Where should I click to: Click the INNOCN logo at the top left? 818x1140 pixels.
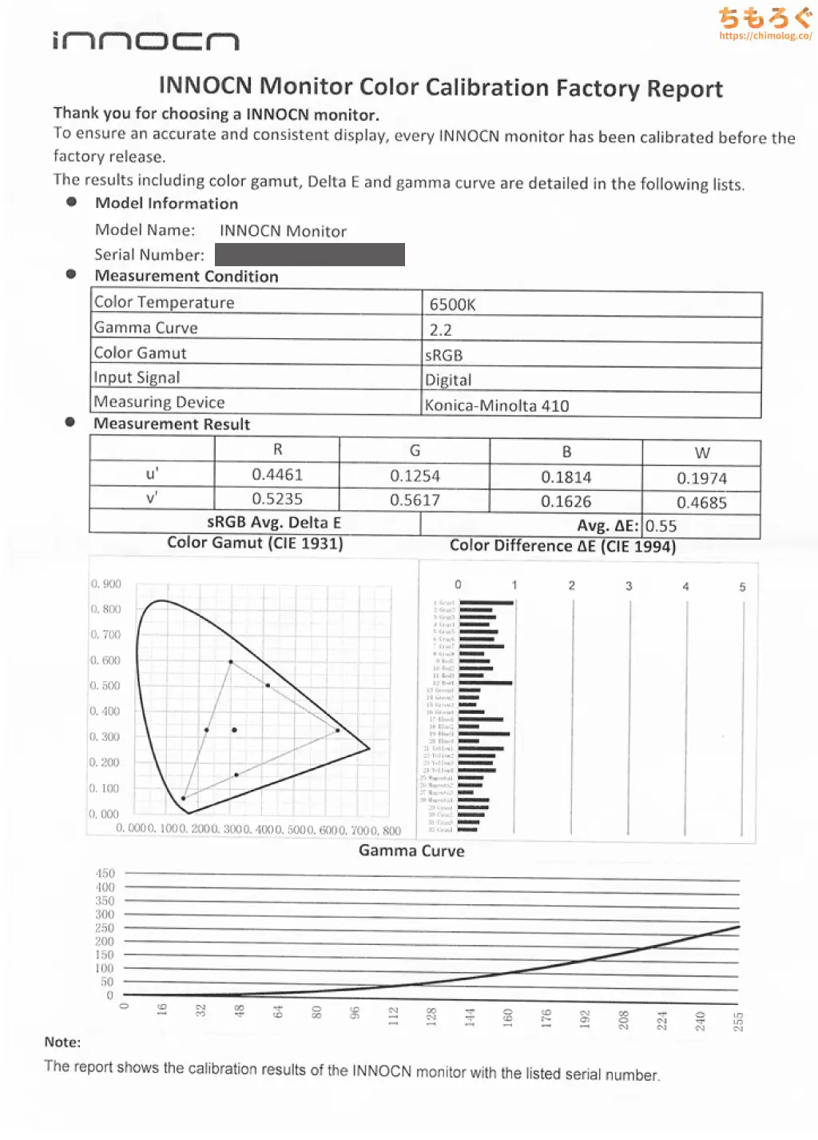tap(145, 41)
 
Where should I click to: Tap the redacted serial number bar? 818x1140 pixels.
tap(310, 254)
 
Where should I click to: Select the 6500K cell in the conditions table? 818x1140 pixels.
tap(452, 305)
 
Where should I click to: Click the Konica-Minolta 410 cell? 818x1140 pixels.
tap(497, 405)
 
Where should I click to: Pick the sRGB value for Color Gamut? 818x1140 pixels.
tap(444, 355)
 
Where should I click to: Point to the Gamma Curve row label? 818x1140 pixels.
tap(146, 328)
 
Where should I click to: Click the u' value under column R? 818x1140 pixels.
tap(277, 475)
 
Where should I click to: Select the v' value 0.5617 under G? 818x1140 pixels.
tap(415, 500)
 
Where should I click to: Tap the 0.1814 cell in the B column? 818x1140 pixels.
tap(566, 477)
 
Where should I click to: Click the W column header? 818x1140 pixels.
tap(702, 453)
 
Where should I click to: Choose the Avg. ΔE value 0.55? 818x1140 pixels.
tap(661, 526)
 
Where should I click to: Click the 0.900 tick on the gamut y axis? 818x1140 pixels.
tap(106, 584)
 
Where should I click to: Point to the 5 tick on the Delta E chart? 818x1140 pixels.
tap(743, 587)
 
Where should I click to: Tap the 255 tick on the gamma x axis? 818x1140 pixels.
tap(738, 1021)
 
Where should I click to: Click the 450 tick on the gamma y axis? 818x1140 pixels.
tap(105, 874)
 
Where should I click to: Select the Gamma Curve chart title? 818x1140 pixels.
tap(411, 851)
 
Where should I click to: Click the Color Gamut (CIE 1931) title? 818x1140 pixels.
tap(255, 543)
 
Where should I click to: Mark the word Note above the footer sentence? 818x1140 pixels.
tap(62, 1042)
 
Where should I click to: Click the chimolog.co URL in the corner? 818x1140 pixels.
tap(765, 36)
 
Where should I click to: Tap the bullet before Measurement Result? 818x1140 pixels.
tap(71, 422)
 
